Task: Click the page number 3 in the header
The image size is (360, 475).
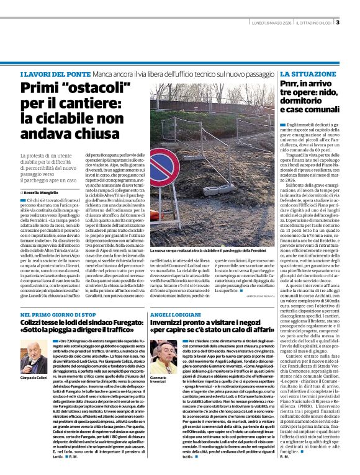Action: [338, 23]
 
